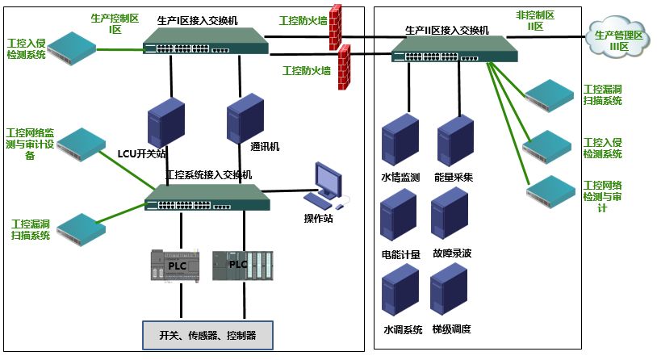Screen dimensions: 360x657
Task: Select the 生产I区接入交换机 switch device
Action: tap(206, 40)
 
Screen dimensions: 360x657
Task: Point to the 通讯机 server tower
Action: tap(245, 118)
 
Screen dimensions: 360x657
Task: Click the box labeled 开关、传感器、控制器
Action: tap(208, 334)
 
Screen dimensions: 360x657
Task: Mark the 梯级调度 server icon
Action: tap(450, 291)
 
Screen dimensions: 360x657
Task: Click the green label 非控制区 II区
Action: tap(534, 21)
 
